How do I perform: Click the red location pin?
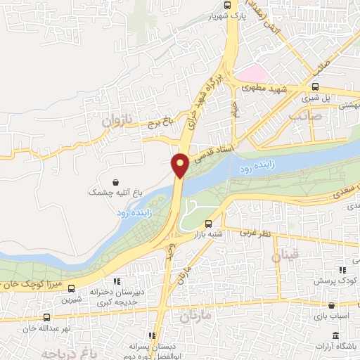point(181,165)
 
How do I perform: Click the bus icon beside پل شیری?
point(316,87)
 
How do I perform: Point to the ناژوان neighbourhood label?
point(117,121)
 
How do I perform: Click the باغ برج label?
point(160,124)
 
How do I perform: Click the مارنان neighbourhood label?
point(195,316)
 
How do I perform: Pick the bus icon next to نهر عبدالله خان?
point(46,317)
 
